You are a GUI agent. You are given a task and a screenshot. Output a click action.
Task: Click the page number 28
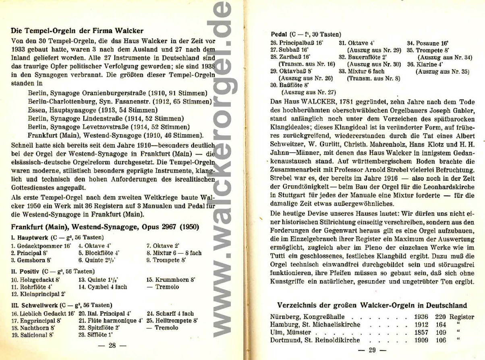(112, 345)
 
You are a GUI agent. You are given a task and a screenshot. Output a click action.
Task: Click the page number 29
(372, 350)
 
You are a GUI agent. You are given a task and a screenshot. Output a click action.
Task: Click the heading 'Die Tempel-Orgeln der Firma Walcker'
(77, 31)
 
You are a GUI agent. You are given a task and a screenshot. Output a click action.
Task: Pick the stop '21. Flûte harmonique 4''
(110, 321)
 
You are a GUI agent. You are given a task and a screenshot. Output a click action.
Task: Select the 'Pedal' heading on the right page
(278, 35)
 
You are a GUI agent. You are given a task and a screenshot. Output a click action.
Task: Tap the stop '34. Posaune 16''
(427, 43)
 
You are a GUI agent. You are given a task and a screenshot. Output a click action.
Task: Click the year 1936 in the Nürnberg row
(421, 317)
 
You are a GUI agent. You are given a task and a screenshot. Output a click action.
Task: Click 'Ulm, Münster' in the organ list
(290, 333)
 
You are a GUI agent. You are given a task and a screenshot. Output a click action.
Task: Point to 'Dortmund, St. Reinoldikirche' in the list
(315, 340)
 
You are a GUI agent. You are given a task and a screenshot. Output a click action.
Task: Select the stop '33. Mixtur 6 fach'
(361, 71)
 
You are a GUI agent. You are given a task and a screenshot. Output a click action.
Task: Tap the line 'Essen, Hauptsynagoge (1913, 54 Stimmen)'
(93, 110)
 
